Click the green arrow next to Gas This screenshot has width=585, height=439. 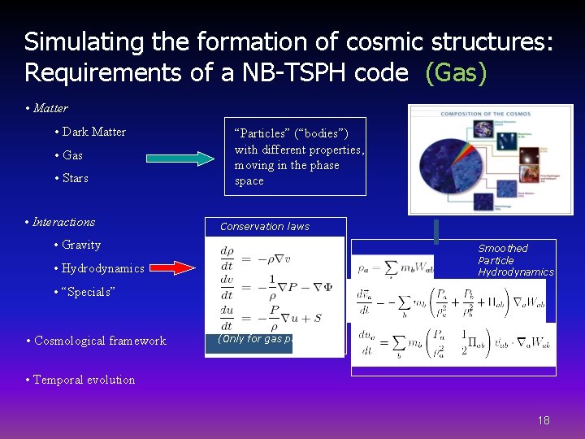[x=178, y=159]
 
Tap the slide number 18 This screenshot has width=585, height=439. [x=544, y=420]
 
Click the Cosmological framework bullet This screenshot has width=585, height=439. [x=100, y=341]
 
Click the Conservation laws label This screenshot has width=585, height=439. [x=265, y=227]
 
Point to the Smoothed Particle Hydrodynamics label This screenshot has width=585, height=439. [x=515, y=260]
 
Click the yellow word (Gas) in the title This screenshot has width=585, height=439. [x=456, y=72]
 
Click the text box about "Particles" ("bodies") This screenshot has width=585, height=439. [x=295, y=157]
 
